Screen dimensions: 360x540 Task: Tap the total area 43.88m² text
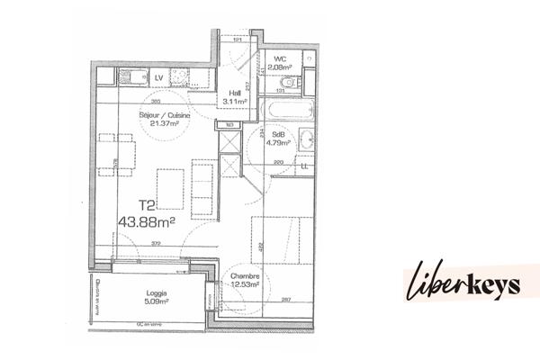pyautogui.click(x=146, y=220)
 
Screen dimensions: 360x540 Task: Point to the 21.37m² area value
pyautogui.click(x=157, y=126)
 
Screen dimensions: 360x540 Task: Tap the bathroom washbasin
pyautogui.click(x=307, y=140)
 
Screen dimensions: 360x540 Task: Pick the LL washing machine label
pyautogui.click(x=304, y=166)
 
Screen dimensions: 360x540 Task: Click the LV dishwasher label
pyautogui.click(x=158, y=78)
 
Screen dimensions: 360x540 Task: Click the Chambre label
pyautogui.click(x=245, y=276)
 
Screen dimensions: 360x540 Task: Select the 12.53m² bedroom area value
pyautogui.click(x=245, y=285)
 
